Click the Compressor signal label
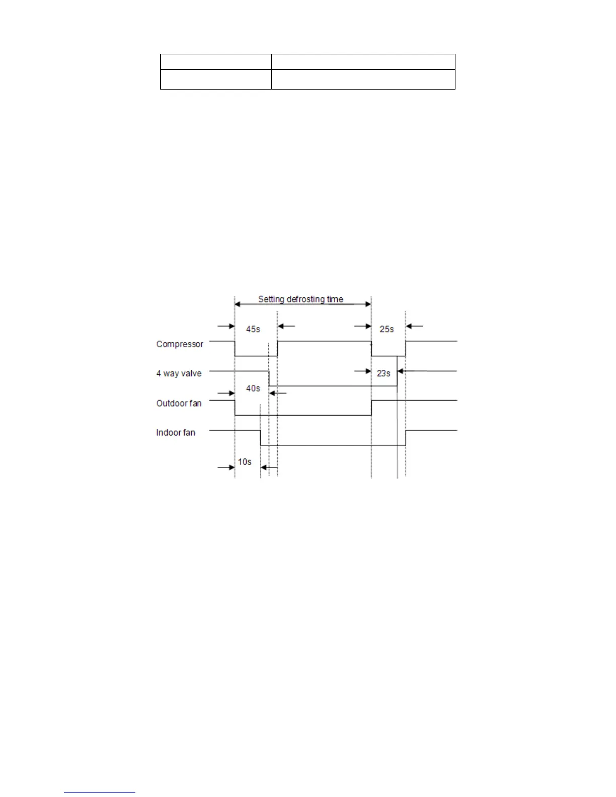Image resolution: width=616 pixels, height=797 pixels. [x=180, y=345]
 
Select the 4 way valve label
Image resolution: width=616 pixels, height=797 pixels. [x=179, y=374]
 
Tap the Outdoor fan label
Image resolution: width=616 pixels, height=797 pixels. [x=179, y=404]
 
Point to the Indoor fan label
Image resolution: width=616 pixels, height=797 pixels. [x=176, y=433]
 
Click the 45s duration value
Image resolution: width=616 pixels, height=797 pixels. [x=253, y=329]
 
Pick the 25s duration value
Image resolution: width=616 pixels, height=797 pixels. [x=387, y=329]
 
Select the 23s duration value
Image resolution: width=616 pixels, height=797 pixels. [x=383, y=373]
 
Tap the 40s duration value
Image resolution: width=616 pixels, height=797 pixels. [x=253, y=388]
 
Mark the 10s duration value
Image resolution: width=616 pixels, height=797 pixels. [x=245, y=462]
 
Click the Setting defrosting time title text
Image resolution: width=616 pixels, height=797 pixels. [x=300, y=299]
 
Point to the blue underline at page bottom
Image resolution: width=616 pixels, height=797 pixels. [x=100, y=792]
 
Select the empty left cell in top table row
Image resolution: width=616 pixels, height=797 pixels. [x=215, y=62]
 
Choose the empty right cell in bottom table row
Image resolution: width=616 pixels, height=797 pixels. [x=363, y=79]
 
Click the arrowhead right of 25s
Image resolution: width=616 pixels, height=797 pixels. [x=409, y=326]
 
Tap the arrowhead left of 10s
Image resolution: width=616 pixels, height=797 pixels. [x=232, y=467]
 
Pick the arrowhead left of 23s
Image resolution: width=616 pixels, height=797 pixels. [x=369, y=371]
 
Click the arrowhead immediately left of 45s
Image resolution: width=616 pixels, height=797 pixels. [x=232, y=326]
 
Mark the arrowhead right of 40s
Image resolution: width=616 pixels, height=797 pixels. [x=272, y=393]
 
